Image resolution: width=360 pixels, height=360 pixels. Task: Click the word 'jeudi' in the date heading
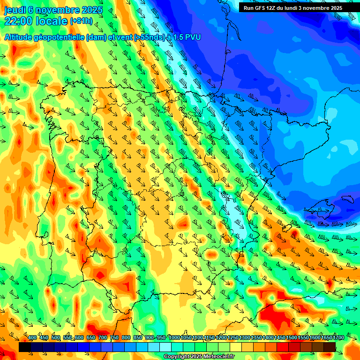tap(15, 10)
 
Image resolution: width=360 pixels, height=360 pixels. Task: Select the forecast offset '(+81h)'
tap(81, 21)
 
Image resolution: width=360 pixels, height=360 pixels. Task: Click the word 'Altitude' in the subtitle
tap(19, 37)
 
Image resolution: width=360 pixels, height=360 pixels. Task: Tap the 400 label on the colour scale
tap(32, 338)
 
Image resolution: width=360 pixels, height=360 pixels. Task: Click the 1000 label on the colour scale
tap(174, 338)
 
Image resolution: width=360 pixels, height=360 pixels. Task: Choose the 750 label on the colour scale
tap(114, 338)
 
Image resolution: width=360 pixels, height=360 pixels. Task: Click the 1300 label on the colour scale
tap(245, 338)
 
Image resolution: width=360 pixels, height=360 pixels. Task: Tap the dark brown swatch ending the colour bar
tap(330, 347)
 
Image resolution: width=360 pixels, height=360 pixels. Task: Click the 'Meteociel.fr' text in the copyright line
tap(217, 357)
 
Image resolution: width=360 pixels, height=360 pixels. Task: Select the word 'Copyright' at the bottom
tap(176, 357)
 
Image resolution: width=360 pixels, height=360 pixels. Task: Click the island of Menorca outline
tap(347, 199)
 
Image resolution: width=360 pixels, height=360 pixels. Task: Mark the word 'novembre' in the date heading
tap(57, 10)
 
